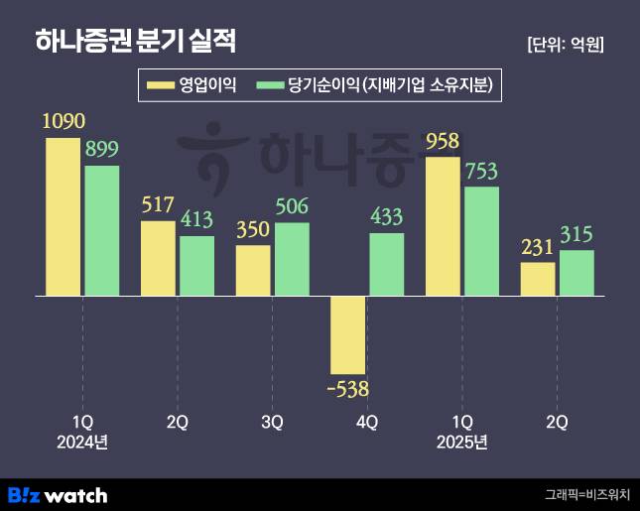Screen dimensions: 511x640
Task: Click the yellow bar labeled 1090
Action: (x=63, y=216)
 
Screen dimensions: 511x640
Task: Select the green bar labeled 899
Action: (x=101, y=230)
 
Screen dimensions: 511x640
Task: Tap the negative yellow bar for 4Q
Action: (x=347, y=334)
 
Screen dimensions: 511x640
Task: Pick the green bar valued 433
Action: (x=386, y=264)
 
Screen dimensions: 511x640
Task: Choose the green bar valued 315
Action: (x=576, y=273)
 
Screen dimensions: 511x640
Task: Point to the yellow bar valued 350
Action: (x=253, y=270)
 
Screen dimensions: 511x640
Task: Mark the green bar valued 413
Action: (x=196, y=265)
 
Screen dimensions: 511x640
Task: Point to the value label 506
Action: (x=292, y=208)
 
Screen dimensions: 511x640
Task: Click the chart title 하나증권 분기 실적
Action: (x=135, y=42)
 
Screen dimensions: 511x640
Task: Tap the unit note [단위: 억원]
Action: (x=567, y=44)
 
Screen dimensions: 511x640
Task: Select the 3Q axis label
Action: (x=272, y=423)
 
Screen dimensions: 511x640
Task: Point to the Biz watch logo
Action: (x=58, y=494)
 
